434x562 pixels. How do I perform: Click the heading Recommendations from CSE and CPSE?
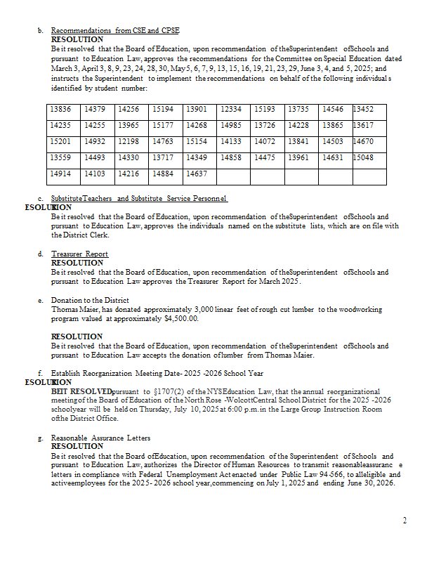click(x=115, y=31)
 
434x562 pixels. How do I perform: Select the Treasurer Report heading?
click(x=79, y=254)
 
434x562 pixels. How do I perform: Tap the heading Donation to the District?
click(x=90, y=301)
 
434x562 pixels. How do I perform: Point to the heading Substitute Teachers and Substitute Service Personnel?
click(x=139, y=199)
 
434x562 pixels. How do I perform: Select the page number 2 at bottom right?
click(x=405, y=521)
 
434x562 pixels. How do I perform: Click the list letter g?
click(x=40, y=438)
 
